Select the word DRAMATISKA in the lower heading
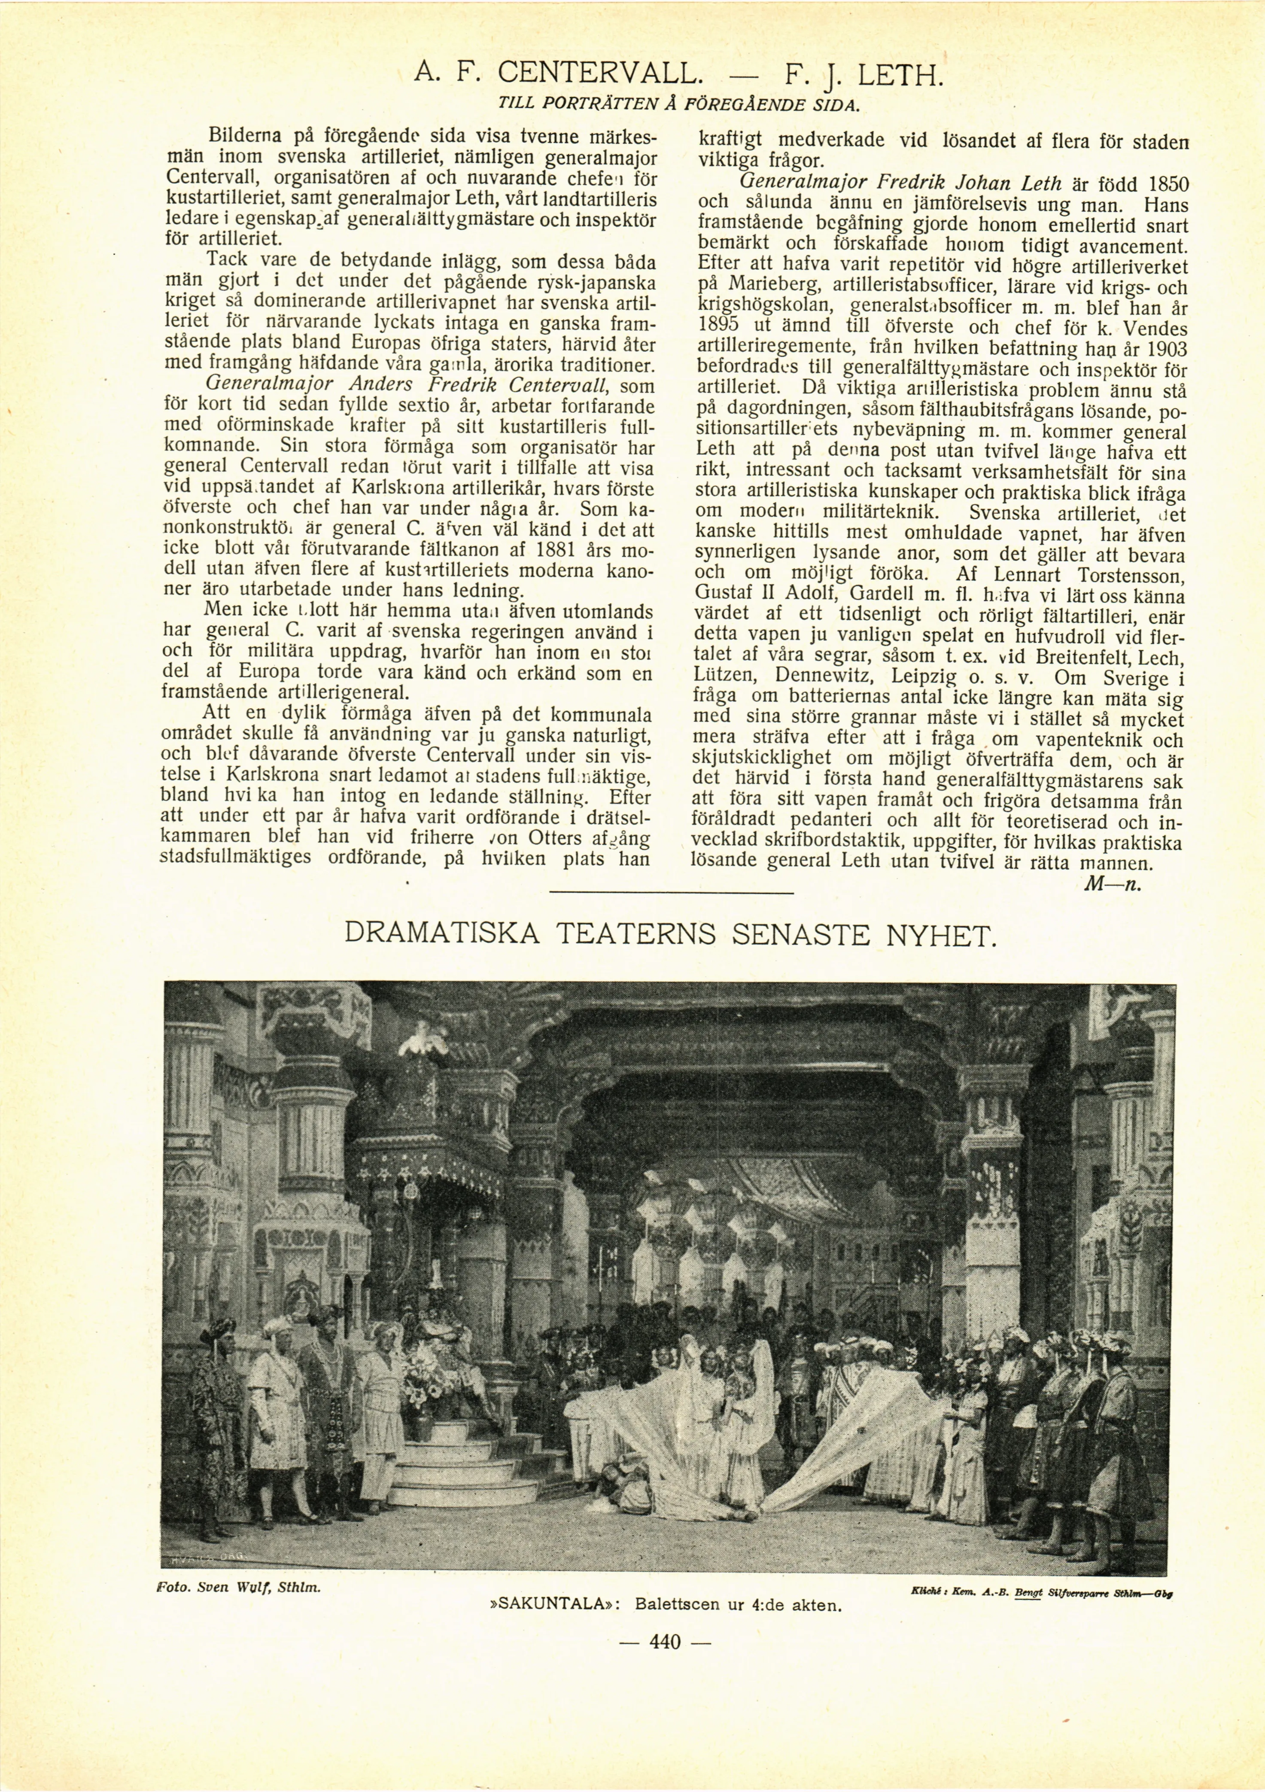pyautogui.click(x=442, y=933)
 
